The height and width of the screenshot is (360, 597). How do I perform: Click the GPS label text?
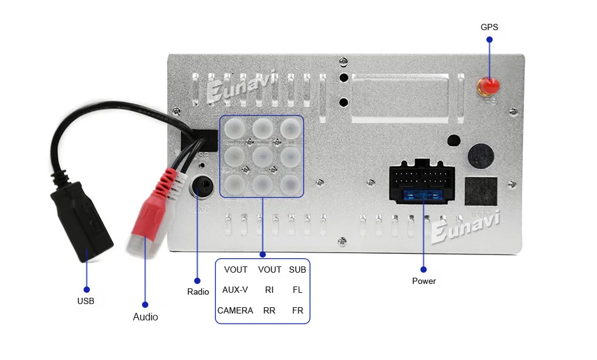tap(489, 27)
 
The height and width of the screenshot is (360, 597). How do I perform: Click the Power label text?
tap(424, 281)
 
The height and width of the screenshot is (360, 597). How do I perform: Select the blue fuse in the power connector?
tap(423, 196)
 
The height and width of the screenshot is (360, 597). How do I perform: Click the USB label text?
tap(85, 301)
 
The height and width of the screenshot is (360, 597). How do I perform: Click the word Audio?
tap(145, 317)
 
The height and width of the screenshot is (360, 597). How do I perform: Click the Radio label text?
tap(198, 292)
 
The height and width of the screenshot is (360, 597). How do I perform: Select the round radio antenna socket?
tap(202, 186)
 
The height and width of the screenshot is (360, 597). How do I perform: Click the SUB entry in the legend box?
tap(297, 270)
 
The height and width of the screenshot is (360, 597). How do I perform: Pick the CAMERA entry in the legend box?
tap(235, 310)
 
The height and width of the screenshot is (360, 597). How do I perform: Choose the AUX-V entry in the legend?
tap(235, 290)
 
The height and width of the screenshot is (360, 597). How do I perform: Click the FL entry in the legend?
tap(297, 290)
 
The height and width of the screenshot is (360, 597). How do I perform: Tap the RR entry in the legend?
tap(269, 310)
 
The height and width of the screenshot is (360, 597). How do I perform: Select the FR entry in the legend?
tap(297, 310)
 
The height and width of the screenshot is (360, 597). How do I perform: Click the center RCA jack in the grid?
tap(262, 155)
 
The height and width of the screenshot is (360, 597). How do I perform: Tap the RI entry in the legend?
tap(269, 290)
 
